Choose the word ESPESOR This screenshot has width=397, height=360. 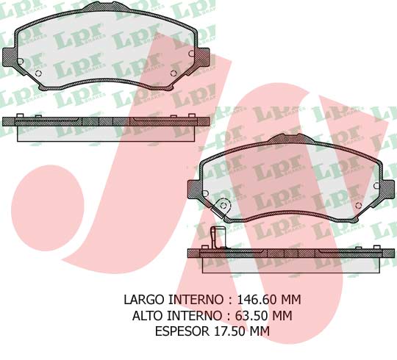[181, 331]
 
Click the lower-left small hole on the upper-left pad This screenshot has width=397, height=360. [21, 61]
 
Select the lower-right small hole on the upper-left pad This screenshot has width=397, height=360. [174, 73]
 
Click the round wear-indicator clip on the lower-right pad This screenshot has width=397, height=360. [225, 208]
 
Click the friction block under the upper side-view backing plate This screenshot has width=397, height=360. [106, 133]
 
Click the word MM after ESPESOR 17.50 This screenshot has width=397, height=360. [259, 331]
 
